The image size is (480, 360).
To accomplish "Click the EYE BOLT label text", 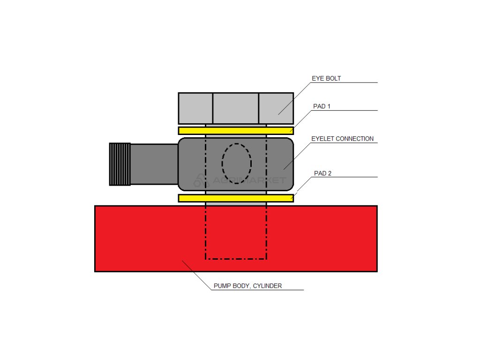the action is [x=326, y=79].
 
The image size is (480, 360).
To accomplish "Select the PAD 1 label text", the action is [x=322, y=106].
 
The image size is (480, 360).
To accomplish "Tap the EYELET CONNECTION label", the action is [x=342, y=139].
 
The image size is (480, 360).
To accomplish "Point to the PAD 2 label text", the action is [x=322, y=173].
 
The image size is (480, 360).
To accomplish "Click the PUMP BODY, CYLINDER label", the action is [x=247, y=285].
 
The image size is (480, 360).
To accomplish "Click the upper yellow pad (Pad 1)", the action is [x=236, y=130].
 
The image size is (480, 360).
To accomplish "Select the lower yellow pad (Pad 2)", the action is [x=236, y=198].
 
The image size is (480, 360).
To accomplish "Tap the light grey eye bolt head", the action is [x=236, y=108].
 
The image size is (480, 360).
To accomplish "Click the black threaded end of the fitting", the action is [x=120, y=164].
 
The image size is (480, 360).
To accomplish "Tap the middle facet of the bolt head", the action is [x=236, y=108].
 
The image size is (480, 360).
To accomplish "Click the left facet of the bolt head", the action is [x=195, y=108].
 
